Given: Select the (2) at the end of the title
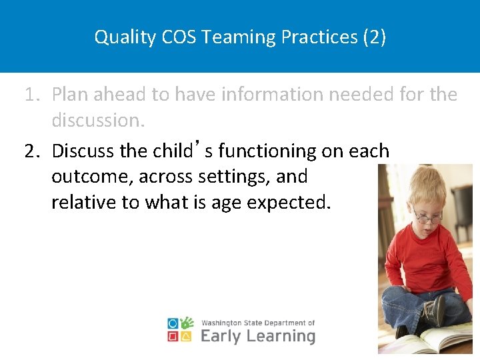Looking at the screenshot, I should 374,37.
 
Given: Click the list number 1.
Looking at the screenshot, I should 31,95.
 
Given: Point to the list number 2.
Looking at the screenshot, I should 31,151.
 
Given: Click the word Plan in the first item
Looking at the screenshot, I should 69,95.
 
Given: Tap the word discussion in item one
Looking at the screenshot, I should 97,121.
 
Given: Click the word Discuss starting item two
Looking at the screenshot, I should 83,151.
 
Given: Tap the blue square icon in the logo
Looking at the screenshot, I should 173,323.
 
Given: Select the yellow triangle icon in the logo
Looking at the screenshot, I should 187,337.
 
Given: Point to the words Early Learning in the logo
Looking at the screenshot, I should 257,336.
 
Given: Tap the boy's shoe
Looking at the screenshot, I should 437,311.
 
